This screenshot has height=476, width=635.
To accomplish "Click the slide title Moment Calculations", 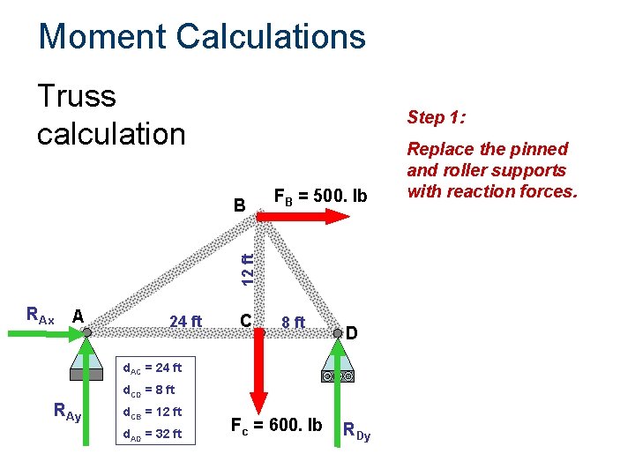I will pyautogui.click(x=202, y=37).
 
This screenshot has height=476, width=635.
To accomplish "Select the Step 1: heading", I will pyautogui.click(x=437, y=118).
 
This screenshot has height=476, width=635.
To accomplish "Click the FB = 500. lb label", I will pyautogui.click(x=320, y=195).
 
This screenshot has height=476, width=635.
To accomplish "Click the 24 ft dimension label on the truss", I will pyautogui.click(x=185, y=321).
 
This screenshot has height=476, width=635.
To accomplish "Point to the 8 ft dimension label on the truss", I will pyautogui.click(x=292, y=322).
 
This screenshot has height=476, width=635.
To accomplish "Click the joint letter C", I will pyautogui.click(x=246, y=319).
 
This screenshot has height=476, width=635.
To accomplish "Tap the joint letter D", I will pyautogui.click(x=351, y=333).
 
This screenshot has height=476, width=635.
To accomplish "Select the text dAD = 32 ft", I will pyautogui.click(x=152, y=434).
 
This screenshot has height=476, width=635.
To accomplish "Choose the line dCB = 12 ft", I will pyautogui.click(x=152, y=412).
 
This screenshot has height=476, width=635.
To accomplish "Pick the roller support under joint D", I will pyautogui.click(x=338, y=370).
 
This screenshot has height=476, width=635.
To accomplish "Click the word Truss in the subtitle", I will pyautogui.click(x=77, y=96).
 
